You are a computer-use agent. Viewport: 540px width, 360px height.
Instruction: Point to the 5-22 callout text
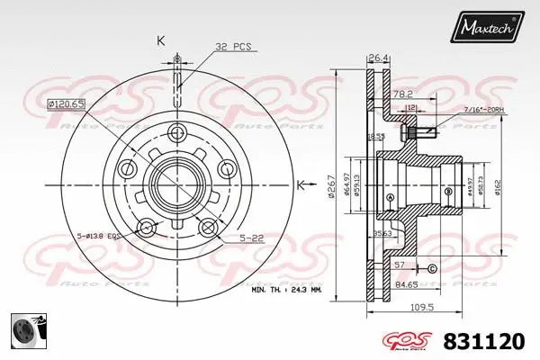click(x=251, y=238)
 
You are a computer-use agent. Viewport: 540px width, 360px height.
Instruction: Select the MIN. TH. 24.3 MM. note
click(x=286, y=290)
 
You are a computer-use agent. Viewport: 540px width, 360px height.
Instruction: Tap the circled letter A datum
click(x=390, y=198)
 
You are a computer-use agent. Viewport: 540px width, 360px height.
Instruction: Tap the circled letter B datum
click(x=447, y=191)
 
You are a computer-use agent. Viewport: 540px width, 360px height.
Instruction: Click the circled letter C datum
click(x=432, y=269)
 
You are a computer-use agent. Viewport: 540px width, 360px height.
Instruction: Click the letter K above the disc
click(x=160, y=40)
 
